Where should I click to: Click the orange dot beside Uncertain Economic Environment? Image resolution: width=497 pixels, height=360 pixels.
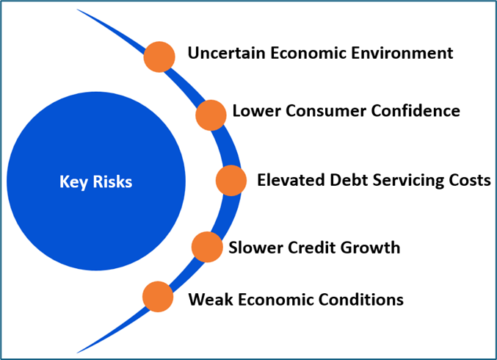159,57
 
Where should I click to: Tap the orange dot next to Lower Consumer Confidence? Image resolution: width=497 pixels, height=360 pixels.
211,115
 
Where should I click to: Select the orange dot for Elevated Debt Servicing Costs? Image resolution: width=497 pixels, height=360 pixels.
231,181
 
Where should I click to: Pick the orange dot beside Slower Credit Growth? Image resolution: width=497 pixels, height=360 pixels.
207,247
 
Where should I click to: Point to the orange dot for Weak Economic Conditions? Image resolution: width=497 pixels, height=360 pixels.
158,297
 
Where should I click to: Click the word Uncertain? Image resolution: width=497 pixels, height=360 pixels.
227,53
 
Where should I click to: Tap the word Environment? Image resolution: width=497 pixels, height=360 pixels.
402,53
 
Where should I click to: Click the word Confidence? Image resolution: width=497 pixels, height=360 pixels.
416,111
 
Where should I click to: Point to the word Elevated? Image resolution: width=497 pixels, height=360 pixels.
291,180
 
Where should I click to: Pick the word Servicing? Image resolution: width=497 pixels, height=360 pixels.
408,181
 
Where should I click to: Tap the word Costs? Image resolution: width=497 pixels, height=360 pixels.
470,180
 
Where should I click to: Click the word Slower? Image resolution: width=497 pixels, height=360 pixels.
255,248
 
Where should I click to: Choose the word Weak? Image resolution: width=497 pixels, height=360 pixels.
211,299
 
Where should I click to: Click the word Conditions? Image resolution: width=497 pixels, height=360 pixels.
360,299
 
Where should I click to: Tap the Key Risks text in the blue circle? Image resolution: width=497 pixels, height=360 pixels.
95,181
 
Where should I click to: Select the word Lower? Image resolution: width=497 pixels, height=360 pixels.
256,111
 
